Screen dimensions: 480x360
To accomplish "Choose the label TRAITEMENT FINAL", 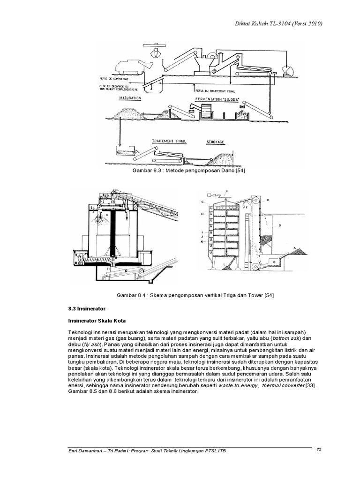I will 167,140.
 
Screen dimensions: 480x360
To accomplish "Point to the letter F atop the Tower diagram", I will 227,191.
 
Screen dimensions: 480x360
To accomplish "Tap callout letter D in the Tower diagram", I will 279,225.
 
